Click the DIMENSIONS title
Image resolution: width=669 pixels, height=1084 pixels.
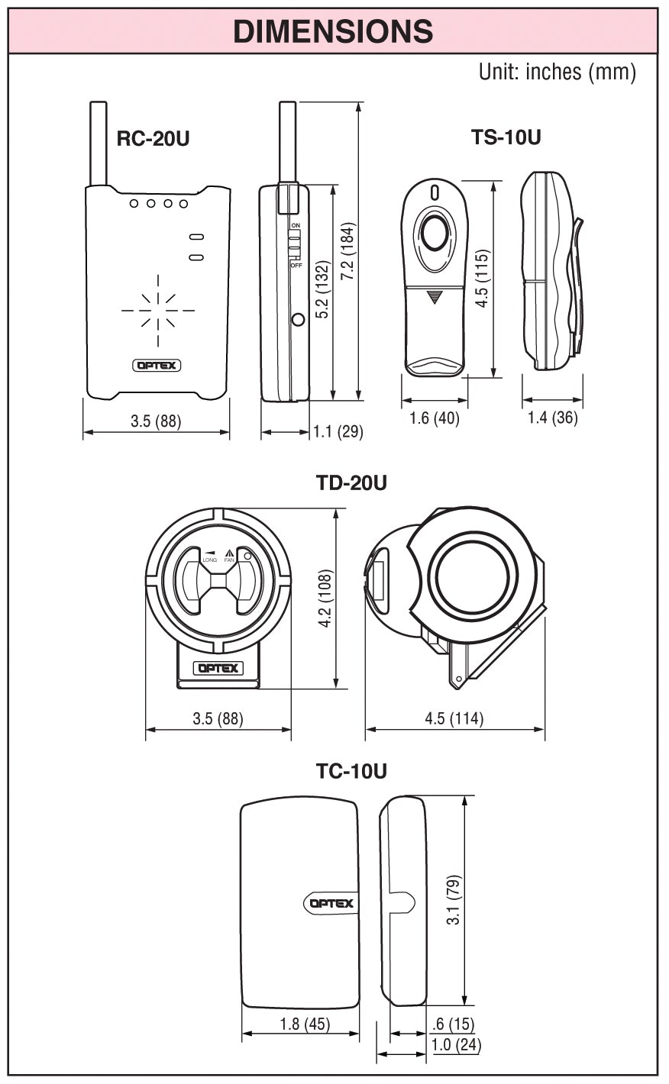coord(333,31)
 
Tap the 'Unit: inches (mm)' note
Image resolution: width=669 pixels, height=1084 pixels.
coord(557,72)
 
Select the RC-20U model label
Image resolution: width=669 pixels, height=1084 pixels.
coord(153,139)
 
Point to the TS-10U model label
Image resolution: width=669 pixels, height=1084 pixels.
coord(506,137)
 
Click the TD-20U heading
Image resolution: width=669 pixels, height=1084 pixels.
coord(351,483)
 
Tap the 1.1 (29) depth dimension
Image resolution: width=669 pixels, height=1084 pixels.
coord(338,432)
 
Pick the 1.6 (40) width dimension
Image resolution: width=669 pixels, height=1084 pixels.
coord(435,418)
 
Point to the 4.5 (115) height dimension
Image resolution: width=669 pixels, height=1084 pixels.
coord(481,279)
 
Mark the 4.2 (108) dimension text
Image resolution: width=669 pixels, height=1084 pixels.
coord(325,599)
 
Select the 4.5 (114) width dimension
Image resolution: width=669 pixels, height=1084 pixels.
coord(454,719)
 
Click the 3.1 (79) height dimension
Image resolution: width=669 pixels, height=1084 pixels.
coord(454,901)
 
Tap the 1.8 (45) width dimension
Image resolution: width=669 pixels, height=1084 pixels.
coord(300,1024)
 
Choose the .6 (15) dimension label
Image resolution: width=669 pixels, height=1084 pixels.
coord(452,1024)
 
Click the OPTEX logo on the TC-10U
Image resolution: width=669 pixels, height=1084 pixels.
coord(331,904)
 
